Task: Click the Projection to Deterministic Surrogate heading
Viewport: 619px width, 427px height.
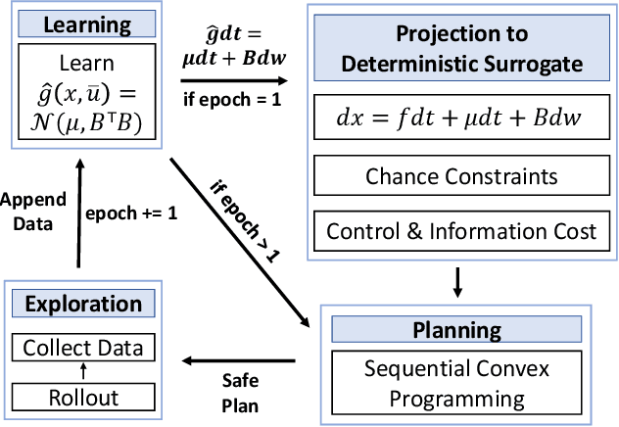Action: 460,50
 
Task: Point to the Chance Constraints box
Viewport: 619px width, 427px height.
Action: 461,177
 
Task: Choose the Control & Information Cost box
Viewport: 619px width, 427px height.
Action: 461,231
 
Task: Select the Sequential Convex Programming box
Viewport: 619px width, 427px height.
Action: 457,384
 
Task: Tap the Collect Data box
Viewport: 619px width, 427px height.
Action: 82,348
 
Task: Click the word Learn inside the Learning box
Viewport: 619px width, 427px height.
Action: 85,63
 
